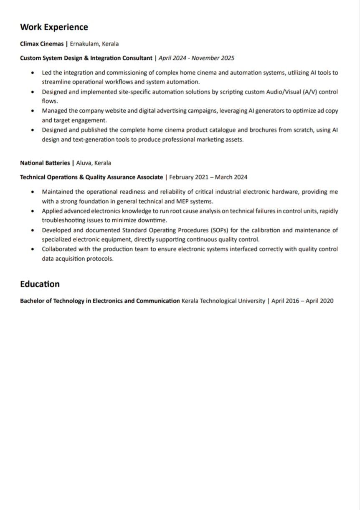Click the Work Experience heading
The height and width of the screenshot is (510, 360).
point(54,27)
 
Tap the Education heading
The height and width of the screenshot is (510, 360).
point(40,284)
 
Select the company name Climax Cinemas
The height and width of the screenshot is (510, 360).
point(42,43)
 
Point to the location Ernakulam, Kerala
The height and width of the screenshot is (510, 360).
point(94,43)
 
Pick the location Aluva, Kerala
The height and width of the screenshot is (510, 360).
point(94,163)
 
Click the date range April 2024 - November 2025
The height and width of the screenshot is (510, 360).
point(196,58)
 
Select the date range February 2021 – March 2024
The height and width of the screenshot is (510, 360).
point(208,177)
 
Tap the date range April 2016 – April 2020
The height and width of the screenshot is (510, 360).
point(302,301)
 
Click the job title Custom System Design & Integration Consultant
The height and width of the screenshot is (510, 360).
point(86,58)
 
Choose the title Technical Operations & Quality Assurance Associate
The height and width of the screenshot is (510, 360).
point(91,177)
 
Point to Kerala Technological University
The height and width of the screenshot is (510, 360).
point(223,301)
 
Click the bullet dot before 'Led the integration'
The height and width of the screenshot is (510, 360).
point(33,73)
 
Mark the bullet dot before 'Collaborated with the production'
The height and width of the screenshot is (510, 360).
point(33,249)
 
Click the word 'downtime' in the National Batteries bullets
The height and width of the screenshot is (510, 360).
point(155,220)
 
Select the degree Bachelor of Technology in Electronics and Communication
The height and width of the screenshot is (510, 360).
point(100,301)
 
